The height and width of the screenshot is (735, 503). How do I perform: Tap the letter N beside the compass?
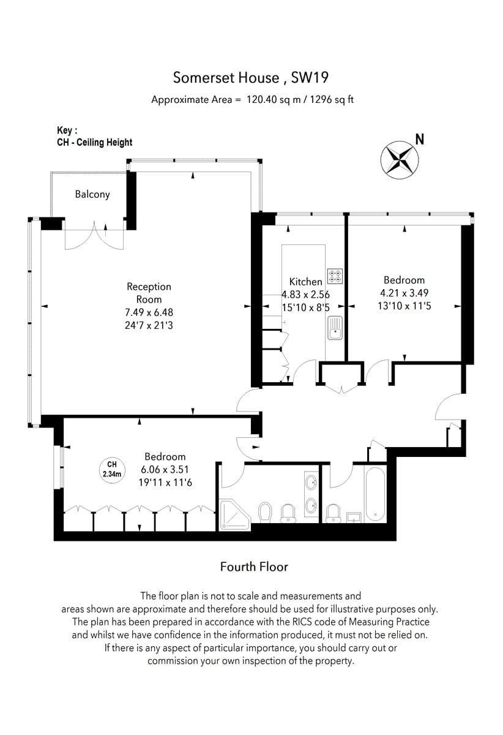[x=420, y=140]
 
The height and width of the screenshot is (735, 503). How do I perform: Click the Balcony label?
[x=92, y=194]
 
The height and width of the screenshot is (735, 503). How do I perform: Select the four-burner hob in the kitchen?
[x=335, y=276]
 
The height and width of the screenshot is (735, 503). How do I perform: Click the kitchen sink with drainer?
[x=335, y=328]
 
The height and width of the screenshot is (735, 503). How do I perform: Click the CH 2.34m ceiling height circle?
[x=112, y=469]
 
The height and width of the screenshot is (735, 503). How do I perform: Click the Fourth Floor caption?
[x=254, y=567]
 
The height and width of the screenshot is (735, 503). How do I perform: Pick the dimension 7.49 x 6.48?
[x=149, y=312]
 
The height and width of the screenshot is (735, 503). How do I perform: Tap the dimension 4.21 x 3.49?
[x=404, y=293]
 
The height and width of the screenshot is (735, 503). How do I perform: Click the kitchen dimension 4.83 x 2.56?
[x=305, y=295]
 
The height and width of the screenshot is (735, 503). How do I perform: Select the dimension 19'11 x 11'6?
[x=165, y=483]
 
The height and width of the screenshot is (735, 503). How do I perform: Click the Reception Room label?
[x=149, y=293]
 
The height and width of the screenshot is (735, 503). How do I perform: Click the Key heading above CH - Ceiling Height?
[x=67, y=130]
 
